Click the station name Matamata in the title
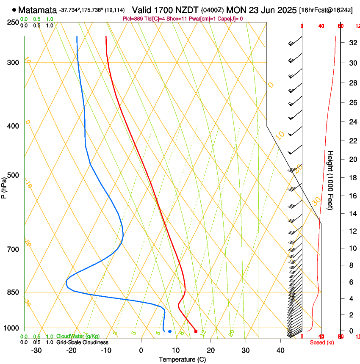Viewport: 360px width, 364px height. point(38,10)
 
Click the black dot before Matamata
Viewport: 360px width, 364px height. point(14,10)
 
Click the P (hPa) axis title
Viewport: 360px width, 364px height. point(4,186)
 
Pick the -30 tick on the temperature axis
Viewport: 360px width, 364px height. point(36,350)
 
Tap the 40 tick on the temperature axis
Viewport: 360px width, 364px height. point(280,350)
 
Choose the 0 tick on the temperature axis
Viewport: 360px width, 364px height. point(141,350)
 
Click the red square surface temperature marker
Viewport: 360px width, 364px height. point(196,331)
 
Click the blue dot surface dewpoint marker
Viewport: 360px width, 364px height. point(170,331)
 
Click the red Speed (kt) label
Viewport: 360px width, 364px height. point(321,342)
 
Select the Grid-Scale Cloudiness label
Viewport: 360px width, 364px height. point(82,342)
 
